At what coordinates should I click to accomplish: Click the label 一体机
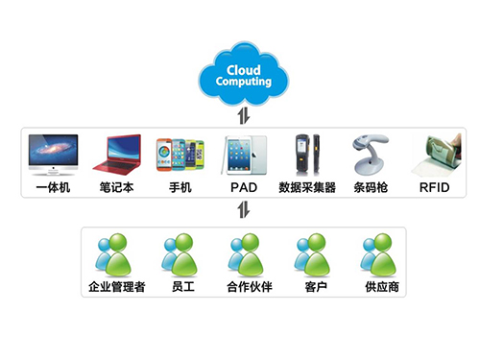53,187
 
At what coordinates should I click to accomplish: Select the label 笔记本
116,187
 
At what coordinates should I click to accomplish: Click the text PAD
243,187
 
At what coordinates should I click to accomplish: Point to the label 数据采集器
307,187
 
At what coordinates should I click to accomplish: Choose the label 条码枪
371,187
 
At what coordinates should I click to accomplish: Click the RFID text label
435,187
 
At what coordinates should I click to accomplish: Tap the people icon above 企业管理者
114,253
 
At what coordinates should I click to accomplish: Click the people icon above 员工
180,253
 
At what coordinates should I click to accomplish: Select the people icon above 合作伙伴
245,253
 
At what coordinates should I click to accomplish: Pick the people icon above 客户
309,253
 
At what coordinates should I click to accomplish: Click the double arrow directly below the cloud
242,114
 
